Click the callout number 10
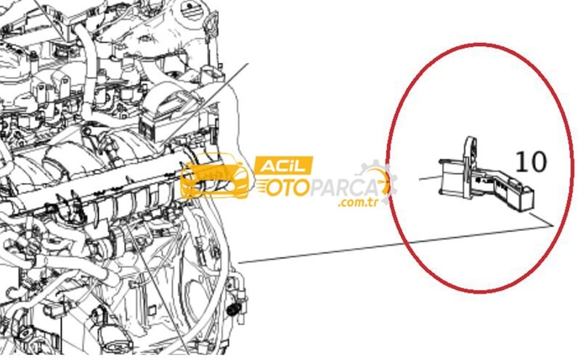(x=531, y=162)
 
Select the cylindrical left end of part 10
(x=450, y=176)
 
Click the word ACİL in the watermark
(x=283, y=166)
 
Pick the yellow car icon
(x=216, y=176)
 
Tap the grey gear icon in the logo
(x=376, y=180)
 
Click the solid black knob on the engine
(x=232, y=310)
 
